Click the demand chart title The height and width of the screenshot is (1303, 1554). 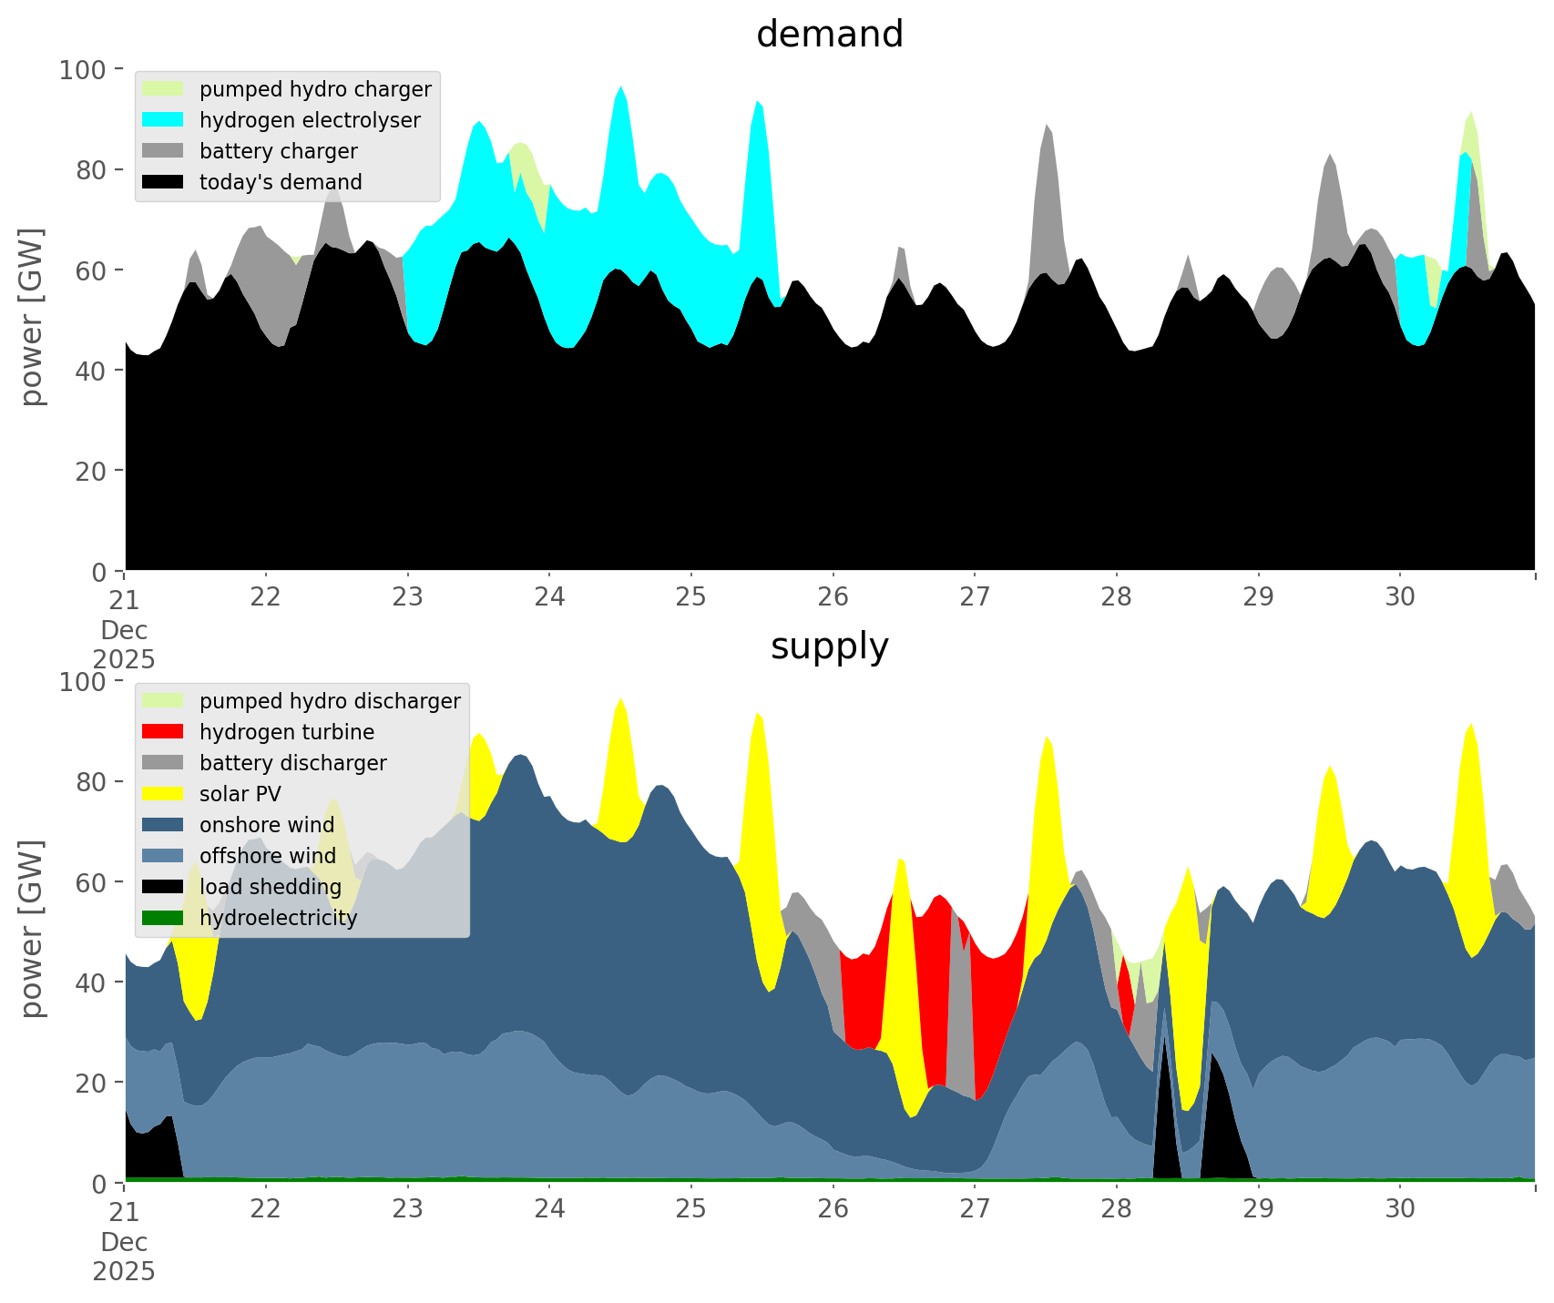pyautogui.click(x=829, y=35)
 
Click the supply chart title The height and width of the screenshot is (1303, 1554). pyautogui.click(x=829, y=646)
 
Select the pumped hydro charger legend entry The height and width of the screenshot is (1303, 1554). pyautogui.click(x=315, y=89)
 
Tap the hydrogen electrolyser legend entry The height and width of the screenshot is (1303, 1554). pyautogui.click(x=310, y=120)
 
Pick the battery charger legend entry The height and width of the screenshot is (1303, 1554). pyautogui.click(x=278, y=151)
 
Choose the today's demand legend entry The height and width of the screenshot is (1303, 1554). pyautogui.click(x=281, y=182)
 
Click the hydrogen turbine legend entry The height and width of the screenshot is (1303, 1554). pyautogui.click(x=286, y=732)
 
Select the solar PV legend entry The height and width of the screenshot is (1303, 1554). pyautogui.click(x=240, y=794)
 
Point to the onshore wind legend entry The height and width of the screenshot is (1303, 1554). pyautogui.click(x=266, y=825)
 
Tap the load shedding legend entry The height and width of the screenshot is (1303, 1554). pyautogui.click(x=271, y=887)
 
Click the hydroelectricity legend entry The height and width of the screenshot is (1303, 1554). pyautogui.click(x=278, y=918)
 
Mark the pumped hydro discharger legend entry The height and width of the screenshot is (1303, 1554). pyautogui.click(x=330, y=701)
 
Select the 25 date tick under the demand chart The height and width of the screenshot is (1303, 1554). pyautogui.click(x=691, y=597)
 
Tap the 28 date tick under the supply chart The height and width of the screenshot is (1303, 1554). pyautogui.click(x=1117, y=1209)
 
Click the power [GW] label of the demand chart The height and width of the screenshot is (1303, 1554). pyautogui.click(x=32, y=317)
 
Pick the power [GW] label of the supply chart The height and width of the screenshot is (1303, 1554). pyautogui.click(x=32, y=929)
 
